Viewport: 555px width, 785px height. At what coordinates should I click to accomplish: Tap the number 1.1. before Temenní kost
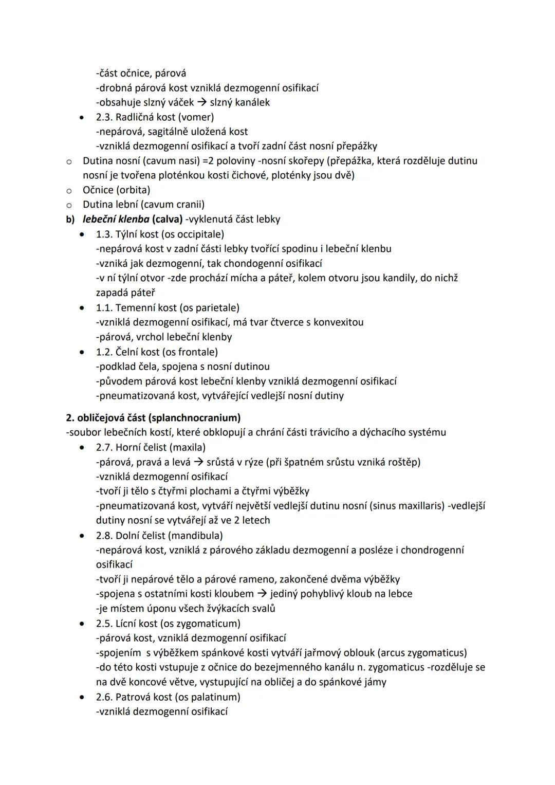point(104,308)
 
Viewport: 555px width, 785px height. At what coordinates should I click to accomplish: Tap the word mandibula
point(198,536)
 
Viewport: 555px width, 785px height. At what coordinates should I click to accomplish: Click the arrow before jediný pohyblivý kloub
point(262,594)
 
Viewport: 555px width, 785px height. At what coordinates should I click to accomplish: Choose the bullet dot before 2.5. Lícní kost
point(82,624)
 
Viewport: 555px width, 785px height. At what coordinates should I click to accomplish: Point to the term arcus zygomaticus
point(422,653)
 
